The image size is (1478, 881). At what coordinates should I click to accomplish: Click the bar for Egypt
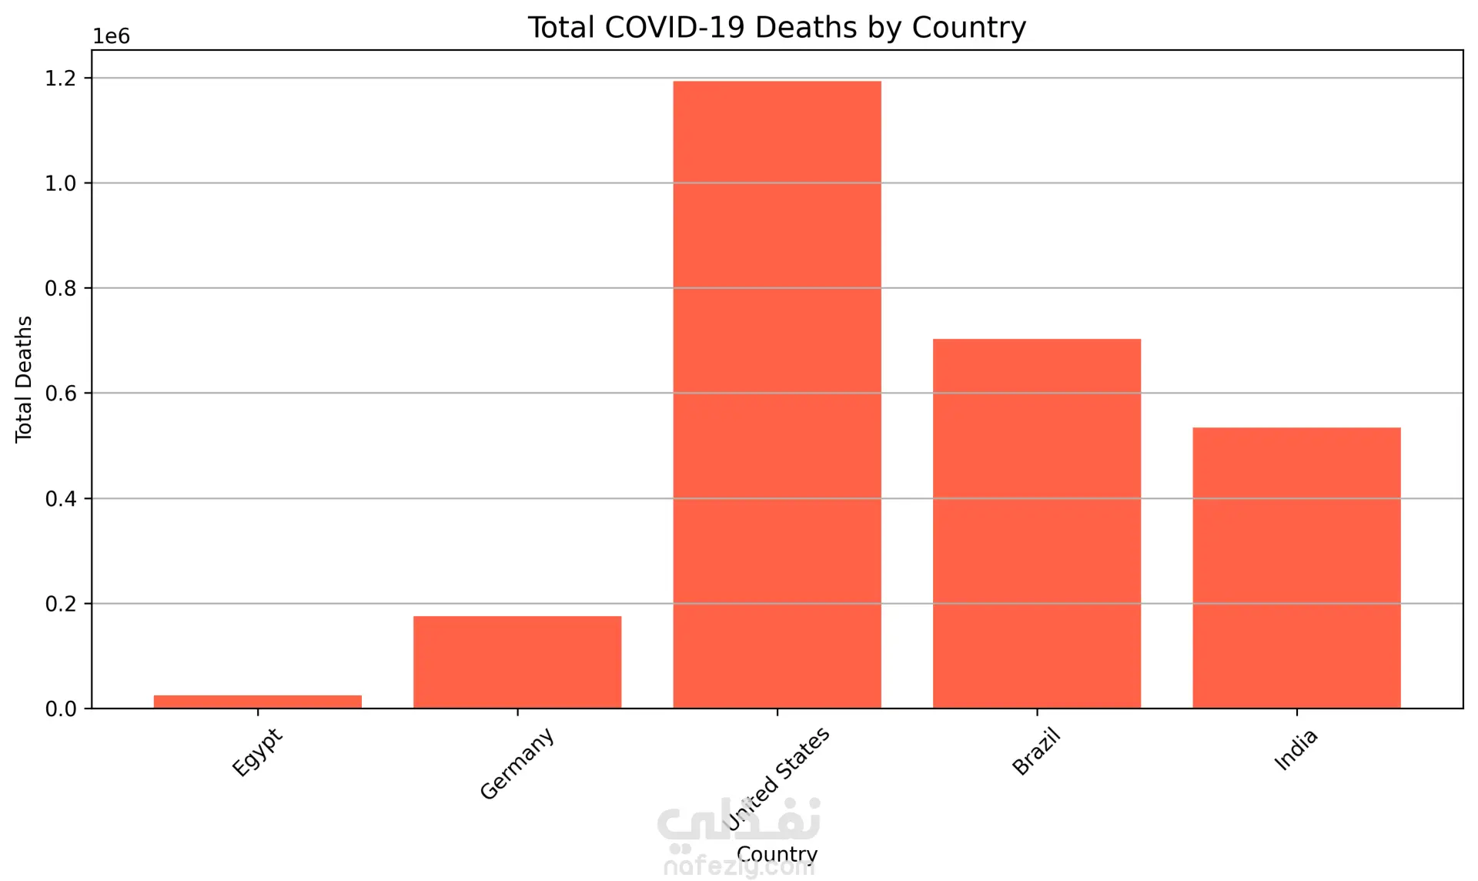click(257, 702)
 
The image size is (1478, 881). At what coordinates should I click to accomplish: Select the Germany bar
click(517, 662)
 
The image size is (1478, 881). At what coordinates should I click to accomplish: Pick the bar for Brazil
click(1036, 523)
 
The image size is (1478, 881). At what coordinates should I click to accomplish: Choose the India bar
click(1296, 568)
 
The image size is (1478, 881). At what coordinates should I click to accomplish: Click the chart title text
click(776, 28)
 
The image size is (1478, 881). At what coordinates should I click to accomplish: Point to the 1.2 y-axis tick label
click(61, 79)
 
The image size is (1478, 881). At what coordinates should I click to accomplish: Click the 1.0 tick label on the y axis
click(61, 183)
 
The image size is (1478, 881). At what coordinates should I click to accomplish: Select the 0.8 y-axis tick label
click(61, 289)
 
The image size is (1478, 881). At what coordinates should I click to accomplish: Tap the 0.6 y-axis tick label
click(61, 394)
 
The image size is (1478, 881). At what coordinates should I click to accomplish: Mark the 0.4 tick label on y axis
click(61, 499)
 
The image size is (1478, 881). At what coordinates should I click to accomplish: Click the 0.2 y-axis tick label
click(61, 604)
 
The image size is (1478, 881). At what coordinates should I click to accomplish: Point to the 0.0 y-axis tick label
click(61, 709)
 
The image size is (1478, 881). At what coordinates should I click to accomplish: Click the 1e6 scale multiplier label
click(112, 37)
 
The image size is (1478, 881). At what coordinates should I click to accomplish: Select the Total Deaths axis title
click(24, 379)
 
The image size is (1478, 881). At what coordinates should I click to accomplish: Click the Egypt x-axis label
click(258, 752)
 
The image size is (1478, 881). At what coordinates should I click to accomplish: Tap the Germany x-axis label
click(517, 763)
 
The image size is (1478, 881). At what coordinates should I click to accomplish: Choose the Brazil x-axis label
click(1036, 752)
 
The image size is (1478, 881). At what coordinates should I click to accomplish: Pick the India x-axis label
click(1296, 749)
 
